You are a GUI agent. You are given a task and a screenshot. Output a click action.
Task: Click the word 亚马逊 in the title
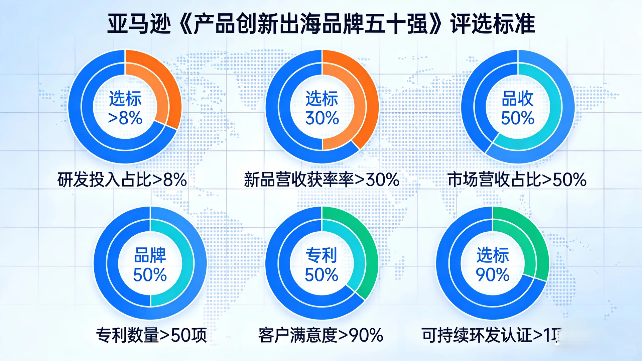[139, 24]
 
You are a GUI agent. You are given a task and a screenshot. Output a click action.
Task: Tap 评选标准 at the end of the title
[493, 24]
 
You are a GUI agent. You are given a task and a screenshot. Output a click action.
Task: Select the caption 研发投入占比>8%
[122, 179]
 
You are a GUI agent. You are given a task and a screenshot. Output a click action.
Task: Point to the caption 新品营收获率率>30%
[322, 179]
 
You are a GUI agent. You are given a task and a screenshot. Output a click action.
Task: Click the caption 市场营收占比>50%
[517, 179]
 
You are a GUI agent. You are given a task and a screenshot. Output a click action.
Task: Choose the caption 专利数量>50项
[151, 335]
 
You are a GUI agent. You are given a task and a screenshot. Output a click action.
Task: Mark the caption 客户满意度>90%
[321, 335]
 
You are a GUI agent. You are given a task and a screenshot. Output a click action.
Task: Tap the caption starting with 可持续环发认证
[491, 335]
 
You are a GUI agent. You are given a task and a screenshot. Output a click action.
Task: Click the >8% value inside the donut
[125, 118]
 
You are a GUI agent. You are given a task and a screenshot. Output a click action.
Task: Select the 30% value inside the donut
[322, 118]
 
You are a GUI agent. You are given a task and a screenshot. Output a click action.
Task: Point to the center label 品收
[518, 99]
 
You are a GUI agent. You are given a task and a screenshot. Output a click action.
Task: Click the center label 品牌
[150, 255]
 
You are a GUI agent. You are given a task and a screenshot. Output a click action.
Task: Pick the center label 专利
[322, 255]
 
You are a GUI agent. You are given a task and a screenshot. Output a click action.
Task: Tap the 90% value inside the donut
[493, 274]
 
